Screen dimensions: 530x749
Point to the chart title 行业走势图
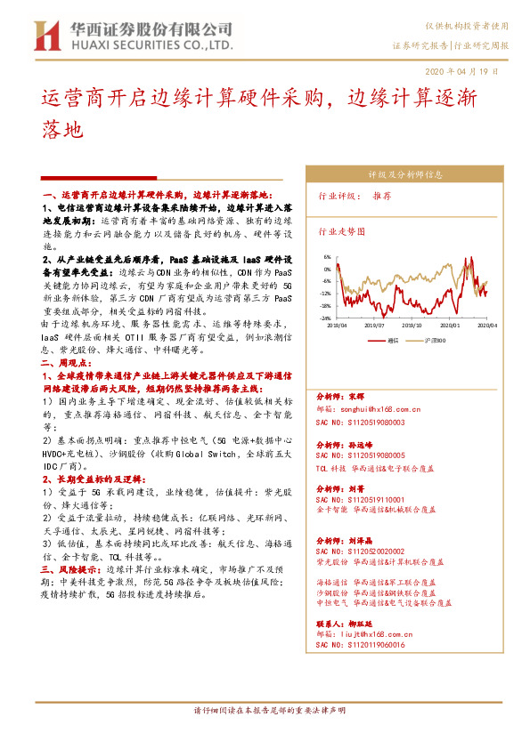(342, 230)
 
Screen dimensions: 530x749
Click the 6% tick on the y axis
(327, 256)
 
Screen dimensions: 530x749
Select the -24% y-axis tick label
(326, 318)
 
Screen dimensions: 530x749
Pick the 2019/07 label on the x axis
(374, 326)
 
